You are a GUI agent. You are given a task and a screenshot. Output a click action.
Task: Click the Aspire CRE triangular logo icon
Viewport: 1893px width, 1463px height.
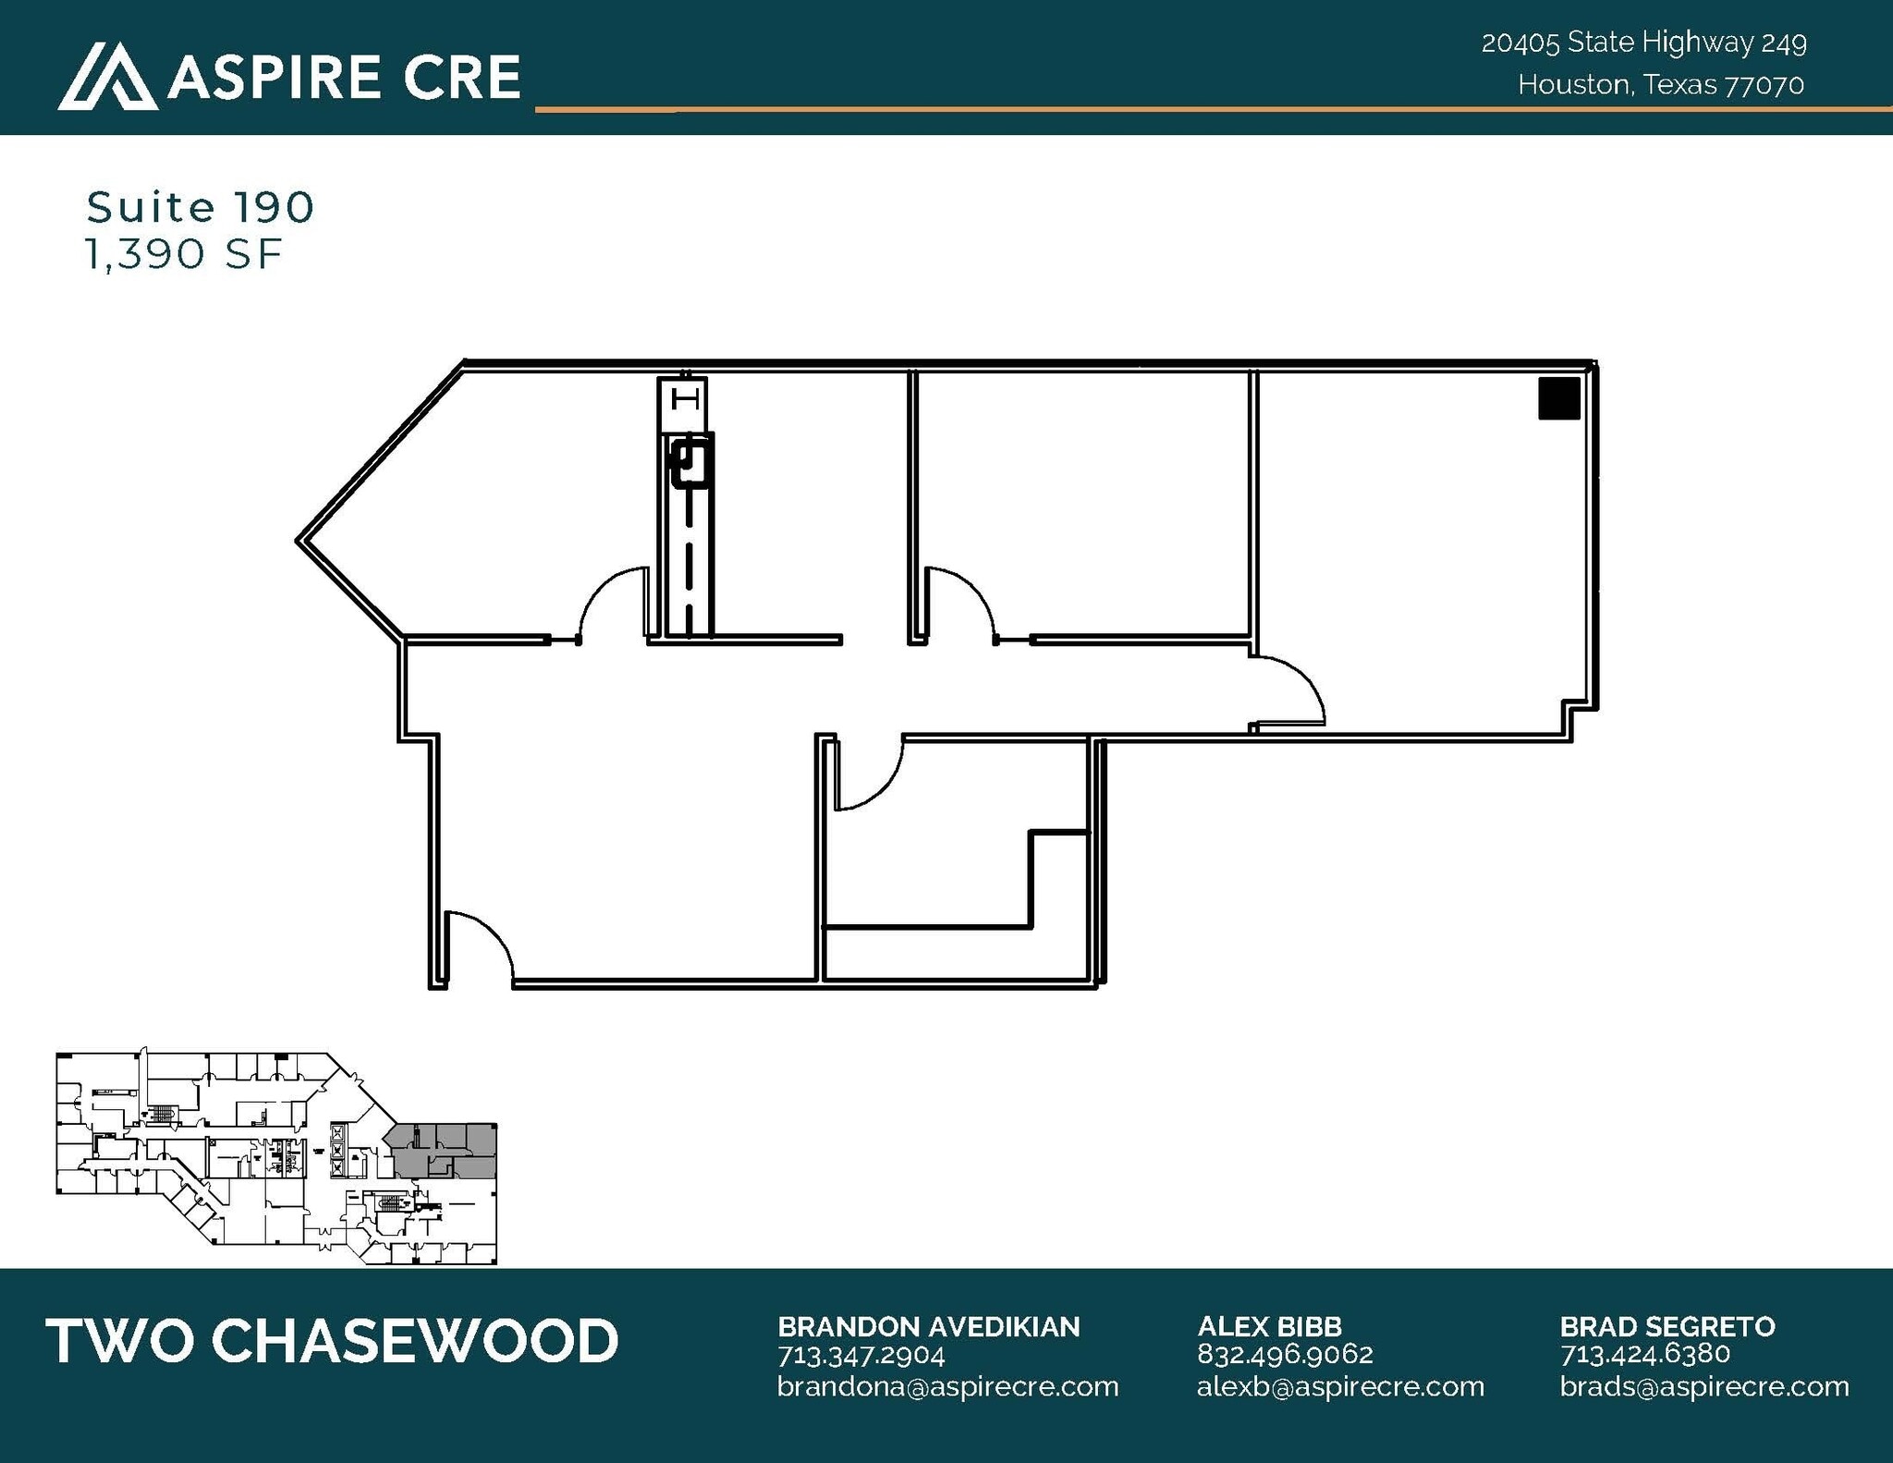click(x=107, y=77)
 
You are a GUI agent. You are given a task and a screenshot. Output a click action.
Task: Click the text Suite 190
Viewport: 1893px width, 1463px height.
click(x=201, y=207)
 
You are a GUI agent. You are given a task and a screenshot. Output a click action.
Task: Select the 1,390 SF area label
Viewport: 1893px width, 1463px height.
click(x=183, y=254)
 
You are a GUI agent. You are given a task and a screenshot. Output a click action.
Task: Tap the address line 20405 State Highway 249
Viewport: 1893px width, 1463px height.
click(x=1643, y=43)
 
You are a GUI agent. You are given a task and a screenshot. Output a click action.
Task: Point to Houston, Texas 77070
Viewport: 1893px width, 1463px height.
click(x=1660, y=85)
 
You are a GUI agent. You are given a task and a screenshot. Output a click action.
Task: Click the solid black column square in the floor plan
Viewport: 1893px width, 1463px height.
click(x=1558, y=399)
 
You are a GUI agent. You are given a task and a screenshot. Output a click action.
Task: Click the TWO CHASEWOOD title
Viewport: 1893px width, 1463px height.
click(x=332, y=1341)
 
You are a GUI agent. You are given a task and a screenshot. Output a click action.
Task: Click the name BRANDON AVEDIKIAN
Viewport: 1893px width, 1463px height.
click(x=928, y=1326)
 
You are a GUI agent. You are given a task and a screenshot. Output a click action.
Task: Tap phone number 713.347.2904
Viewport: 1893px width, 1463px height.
click(x=861, y=1355)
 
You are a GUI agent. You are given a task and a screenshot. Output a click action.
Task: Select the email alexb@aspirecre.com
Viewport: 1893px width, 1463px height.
click(x=1340, y=1386)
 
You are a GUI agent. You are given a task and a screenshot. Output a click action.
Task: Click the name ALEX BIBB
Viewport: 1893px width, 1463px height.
click(x=1269, y=1326)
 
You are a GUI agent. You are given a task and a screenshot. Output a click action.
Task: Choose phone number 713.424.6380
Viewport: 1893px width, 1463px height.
click(x=1644, y=1354)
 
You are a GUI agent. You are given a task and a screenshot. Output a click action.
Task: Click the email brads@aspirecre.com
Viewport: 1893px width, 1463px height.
click(x=1704, y=1386)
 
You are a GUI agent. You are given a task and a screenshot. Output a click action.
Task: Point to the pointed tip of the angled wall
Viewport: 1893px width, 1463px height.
click(x=299, y=541)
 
